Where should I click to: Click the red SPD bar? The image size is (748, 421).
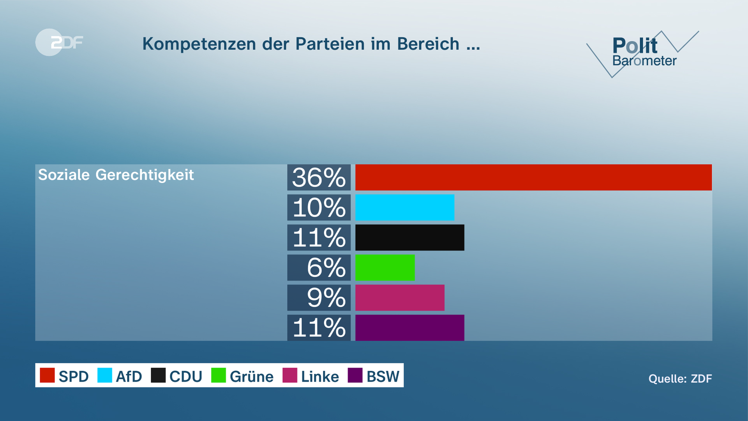coord(533,177)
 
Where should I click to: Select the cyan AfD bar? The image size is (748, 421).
coord(405,207)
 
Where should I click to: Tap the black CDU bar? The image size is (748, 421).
coord(409,237)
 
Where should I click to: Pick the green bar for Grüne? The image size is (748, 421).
coord(385,267)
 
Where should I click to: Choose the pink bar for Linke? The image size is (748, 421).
coord(400,297)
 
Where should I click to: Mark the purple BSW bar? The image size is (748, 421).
coord(409,327)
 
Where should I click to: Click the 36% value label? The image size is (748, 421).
coord(319,177)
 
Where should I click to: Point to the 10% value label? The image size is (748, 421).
coord(319,207)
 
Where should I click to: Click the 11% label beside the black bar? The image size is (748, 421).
coord(319,237)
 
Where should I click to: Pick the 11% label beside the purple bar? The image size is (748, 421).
coord(319,327)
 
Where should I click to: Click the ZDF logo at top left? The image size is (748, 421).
coord(59,42)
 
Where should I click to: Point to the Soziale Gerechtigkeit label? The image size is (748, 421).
coord(116,175)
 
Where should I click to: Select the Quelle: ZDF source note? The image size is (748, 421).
coord(680,379)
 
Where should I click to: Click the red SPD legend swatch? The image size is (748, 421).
coord(47,375)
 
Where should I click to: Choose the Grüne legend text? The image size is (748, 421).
coord(251,377)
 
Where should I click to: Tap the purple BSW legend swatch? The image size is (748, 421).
coord(355,375)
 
